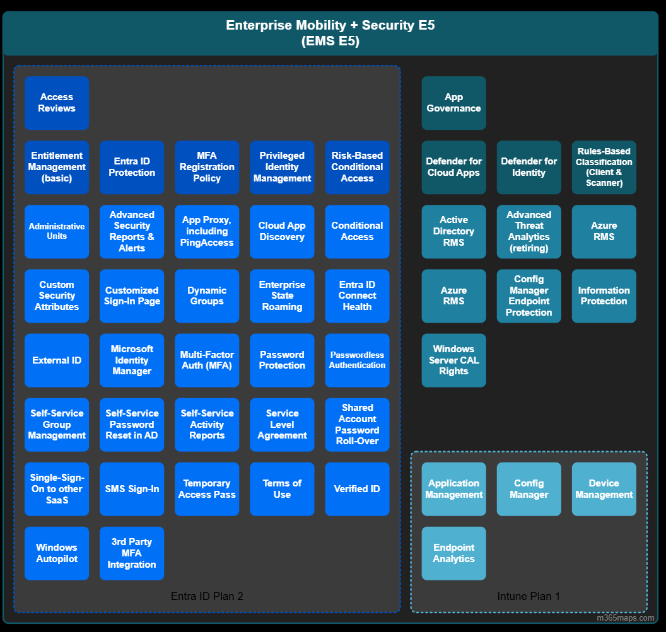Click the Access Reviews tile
click(x=57, y=103)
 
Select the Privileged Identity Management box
click(x=282, y=167)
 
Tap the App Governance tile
click(x=453, y=103)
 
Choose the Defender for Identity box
click(x=529, y=167)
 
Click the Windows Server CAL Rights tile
click(x=453, y=360)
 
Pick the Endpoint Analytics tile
click(x=453, y=553)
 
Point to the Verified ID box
click(x=357, y=489)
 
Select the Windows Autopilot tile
click(x=57, y=553)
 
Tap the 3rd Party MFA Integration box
click(x=132, y=553)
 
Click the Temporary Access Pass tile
click(x=207, y=489)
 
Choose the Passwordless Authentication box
click(x=357, y=360)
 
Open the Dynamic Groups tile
click(x=207, y=296)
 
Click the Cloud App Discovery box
click(x=282, y=232)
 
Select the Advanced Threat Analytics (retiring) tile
click(x=529, y=232)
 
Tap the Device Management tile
click(x=604, y=489)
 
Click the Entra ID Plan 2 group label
click(x=207, y=596)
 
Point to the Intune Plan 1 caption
click(x=529, y=596)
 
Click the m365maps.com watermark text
click(x=625, y=618)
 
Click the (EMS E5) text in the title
click(x=330, y=41)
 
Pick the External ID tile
click(x=57, y=360)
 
